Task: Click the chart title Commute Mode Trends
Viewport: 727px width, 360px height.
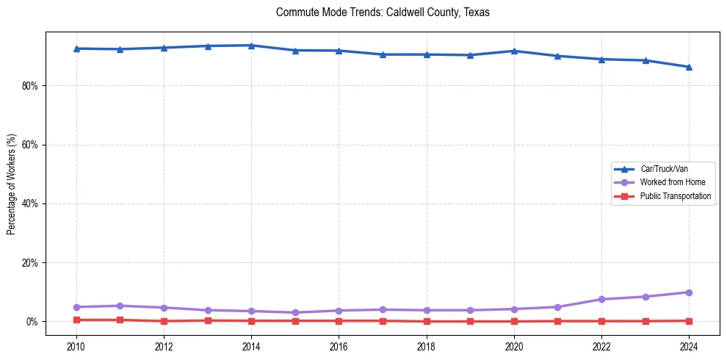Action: [x=383, y=12]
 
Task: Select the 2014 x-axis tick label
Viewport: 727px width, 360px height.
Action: [x=251, y=347]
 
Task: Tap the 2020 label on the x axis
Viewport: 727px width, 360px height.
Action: [x=514, y=347]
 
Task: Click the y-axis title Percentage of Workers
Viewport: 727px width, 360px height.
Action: [x=12, y=184]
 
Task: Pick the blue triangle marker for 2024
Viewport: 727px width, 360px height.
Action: [x=689, y=67]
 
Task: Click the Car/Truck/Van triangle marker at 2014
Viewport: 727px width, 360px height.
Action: [x=251, y=46]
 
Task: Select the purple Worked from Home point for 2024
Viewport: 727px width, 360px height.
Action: [x=689, y=292]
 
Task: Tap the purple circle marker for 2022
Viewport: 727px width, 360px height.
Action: [x=601, y=299]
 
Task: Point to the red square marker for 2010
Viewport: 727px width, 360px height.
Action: [x=76, y=320]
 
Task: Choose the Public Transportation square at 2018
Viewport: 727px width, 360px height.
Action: [x=427, y=321]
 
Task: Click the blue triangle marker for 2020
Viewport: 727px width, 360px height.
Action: [x=514, y=51]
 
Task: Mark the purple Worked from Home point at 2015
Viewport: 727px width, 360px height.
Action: [x=295, y=312]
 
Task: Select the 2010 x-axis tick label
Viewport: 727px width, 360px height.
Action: [x=76, y=347]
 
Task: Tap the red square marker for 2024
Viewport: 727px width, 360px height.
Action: [x=689, y=320]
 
